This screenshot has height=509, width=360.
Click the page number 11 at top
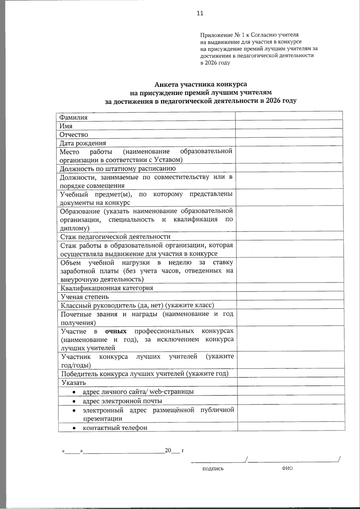(x=200, y=13)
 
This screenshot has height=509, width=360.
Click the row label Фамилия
(x=73, y=118)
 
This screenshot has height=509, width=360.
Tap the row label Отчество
(x=74, y=134)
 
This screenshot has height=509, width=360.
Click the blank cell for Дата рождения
(x=289, y=142)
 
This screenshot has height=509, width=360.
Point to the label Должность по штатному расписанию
(x=118, y=169)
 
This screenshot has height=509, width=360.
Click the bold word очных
(x=116, y=332)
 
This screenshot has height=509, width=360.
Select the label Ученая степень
(x=85, y=297)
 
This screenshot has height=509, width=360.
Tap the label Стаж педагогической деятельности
(x=115, y=236)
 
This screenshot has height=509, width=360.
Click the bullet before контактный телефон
(x=74, y=428)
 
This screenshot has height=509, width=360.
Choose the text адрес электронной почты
(x=122, y=401)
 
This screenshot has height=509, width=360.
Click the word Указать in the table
(x=73, y=383)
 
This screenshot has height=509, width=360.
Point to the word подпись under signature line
(x=213, y=469)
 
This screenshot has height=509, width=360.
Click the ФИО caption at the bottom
(x=287, y=468)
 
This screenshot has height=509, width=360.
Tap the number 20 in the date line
(x=168, y=450)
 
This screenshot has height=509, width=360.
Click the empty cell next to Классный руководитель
(x=290, y=305)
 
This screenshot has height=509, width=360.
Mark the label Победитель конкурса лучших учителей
(x=145, y=374)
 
